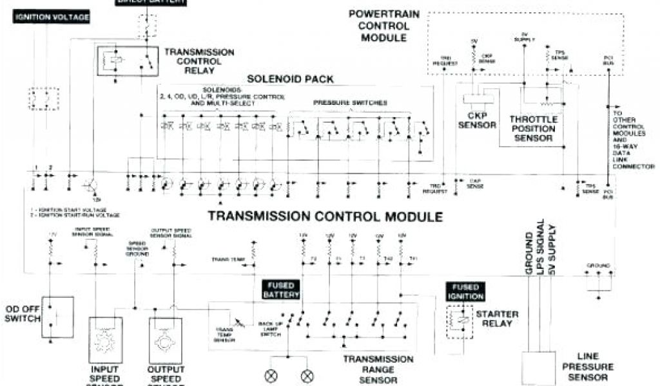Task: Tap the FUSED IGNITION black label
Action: [x=465, y=291]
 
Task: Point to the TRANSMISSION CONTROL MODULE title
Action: [x=325, y=216]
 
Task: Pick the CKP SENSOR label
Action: [x=477, y=120]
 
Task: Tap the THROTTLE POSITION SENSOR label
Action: [x=533, y=129]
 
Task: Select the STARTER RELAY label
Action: [x=497, y=318]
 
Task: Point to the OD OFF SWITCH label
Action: [x=23, y=313]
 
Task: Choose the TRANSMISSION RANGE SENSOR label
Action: [x=378, y=369]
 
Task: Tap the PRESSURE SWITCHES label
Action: [x=350, y=103]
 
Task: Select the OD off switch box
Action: [x=59, y=317]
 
